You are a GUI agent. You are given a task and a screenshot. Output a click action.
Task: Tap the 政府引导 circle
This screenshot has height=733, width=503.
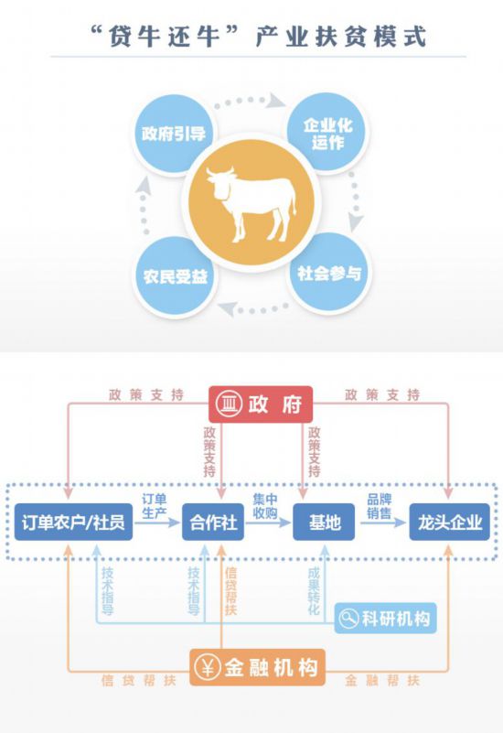(174, 135)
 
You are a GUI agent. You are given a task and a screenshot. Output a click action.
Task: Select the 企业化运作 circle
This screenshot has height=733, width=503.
(327, 134)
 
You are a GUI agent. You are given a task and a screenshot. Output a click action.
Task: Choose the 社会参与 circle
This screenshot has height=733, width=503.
(329, 274)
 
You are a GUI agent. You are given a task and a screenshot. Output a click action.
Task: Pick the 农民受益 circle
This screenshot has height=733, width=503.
(176, 276)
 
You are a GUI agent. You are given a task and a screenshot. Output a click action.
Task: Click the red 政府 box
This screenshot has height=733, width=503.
(260, 404)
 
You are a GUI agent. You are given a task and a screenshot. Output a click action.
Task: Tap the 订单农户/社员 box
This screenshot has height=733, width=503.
(73, 522)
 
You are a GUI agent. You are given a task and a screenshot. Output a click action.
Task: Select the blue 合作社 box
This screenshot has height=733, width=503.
(213, 522)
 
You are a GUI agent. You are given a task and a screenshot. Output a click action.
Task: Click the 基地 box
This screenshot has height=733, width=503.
(324, 522)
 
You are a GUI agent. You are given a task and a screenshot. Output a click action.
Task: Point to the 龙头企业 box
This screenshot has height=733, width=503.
(449, 522)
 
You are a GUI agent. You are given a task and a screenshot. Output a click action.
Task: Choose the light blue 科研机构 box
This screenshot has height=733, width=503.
(385, 619)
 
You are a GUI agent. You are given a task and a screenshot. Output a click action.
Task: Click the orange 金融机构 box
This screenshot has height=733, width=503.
(257, 667)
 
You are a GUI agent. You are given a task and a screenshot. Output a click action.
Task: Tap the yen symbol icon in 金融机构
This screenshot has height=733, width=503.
(208, 667)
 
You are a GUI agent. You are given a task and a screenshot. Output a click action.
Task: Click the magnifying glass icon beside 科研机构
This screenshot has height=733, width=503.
(348, 619)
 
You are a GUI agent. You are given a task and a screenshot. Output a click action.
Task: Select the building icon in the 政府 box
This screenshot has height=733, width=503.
(229, 404)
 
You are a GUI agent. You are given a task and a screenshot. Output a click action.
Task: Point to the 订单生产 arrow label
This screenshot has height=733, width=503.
(155, 506)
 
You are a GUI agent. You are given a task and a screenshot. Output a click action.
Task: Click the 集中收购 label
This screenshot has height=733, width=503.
(265, 506)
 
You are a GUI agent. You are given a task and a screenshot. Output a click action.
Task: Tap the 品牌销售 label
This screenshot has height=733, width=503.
(379, 506)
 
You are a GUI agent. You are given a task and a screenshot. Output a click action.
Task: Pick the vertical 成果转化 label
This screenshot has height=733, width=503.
(314, 591)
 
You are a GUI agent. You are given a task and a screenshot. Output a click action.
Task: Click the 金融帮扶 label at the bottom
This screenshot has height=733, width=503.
(382, 680)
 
